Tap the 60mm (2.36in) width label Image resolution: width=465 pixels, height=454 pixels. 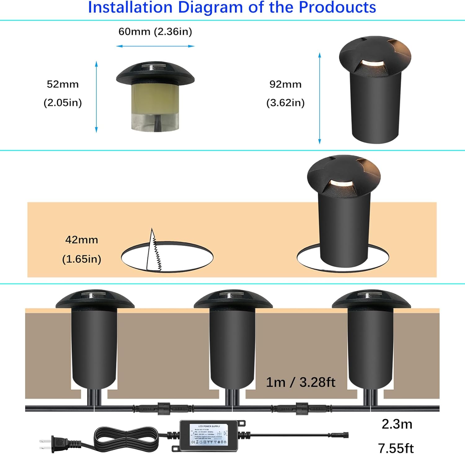[x=155, y=32]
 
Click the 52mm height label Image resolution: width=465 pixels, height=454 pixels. [x=63, y=84]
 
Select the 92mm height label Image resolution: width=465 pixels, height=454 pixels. [x=285, y=84]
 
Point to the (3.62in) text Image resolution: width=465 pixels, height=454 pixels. [x=285, y=103]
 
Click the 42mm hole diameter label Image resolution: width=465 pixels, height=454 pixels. [x=82, y=240]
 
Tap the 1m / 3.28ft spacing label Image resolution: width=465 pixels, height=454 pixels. [x=300, y=382]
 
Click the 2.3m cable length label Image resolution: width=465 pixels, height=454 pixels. [x=397, y=424]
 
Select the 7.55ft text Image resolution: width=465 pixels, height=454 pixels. [x=396, y=448]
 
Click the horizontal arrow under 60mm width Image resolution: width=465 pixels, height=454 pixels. [x=155, y=46]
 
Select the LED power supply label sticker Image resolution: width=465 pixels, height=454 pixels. [x=209, y=435]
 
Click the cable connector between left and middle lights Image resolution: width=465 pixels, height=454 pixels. [x=163, y=408]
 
